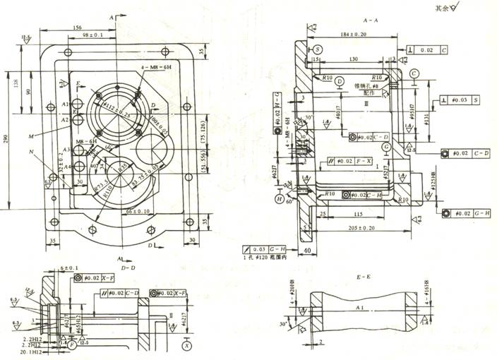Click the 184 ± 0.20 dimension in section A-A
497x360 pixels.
point(353,33)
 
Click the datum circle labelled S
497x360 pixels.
point(319,49)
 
